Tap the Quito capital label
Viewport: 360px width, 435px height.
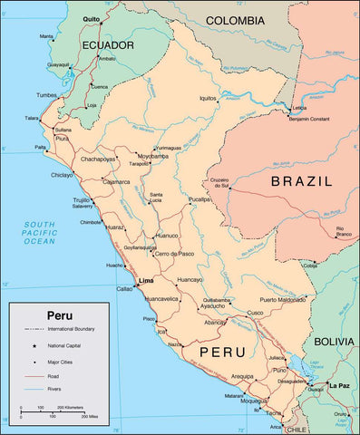92,18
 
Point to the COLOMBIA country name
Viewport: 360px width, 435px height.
235,20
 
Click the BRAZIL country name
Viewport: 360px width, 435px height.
301,181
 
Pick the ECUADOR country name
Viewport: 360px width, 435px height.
108,44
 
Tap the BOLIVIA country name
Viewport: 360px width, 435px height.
336,342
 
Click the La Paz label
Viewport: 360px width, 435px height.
339,385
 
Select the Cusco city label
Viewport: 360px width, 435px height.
255,313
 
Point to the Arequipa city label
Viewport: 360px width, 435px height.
241,375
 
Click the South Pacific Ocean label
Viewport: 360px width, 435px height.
40,233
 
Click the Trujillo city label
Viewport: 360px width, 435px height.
83,199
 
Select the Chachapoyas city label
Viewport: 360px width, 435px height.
98,159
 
